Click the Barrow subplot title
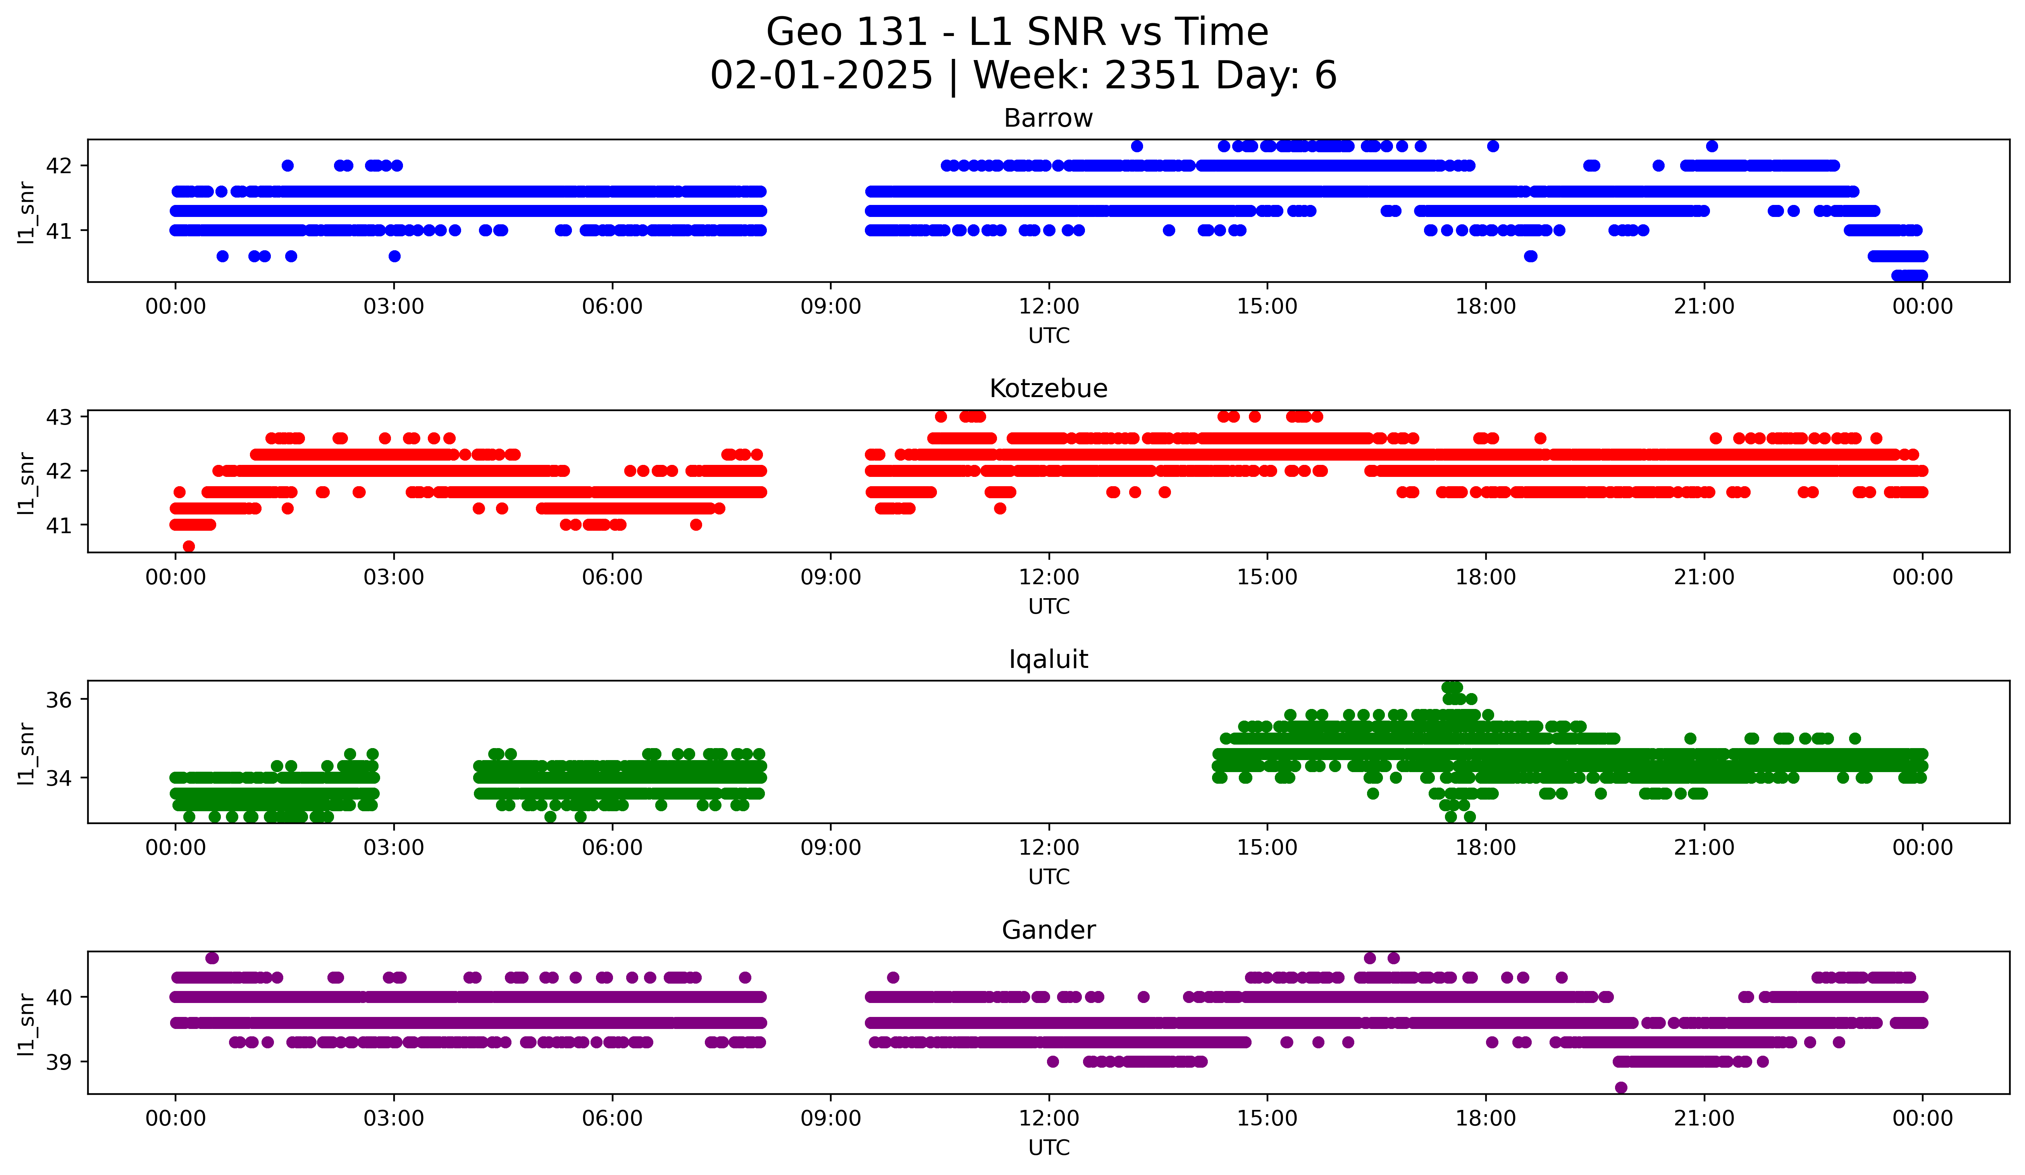pyautogui.click(x=1048, y=118)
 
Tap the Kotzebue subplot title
pyautogui.click(x=1048, y=389)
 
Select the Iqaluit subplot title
pyautogui.click(x=1048, y=659)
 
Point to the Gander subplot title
pyautogui.click(x=1048, y=930)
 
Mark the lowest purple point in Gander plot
pyautogui.click(x=1621, y=1087)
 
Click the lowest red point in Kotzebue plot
pyautogui.click(x=189, y=546)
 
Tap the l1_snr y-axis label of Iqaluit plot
pyautogui.click(x=26, y=753)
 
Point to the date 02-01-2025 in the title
pyautogui.click(x=821, y=76)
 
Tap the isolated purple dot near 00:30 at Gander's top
pyautogui.click(x=212, y=958)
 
